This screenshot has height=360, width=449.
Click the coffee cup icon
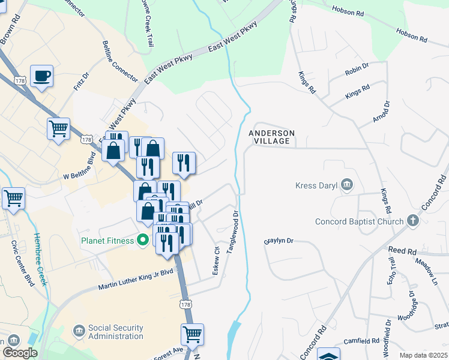tap(41, 76)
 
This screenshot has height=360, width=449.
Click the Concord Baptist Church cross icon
tap(412, 221)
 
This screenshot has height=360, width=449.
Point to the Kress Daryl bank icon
tap(346, 185)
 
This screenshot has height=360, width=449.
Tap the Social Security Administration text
tap(115, 332)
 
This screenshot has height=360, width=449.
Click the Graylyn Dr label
tap(279, 241)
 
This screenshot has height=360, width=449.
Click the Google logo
tap(19, 353)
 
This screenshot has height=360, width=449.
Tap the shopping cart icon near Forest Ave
tap(192, 334)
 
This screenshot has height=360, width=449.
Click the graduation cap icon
tap(328, 354)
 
